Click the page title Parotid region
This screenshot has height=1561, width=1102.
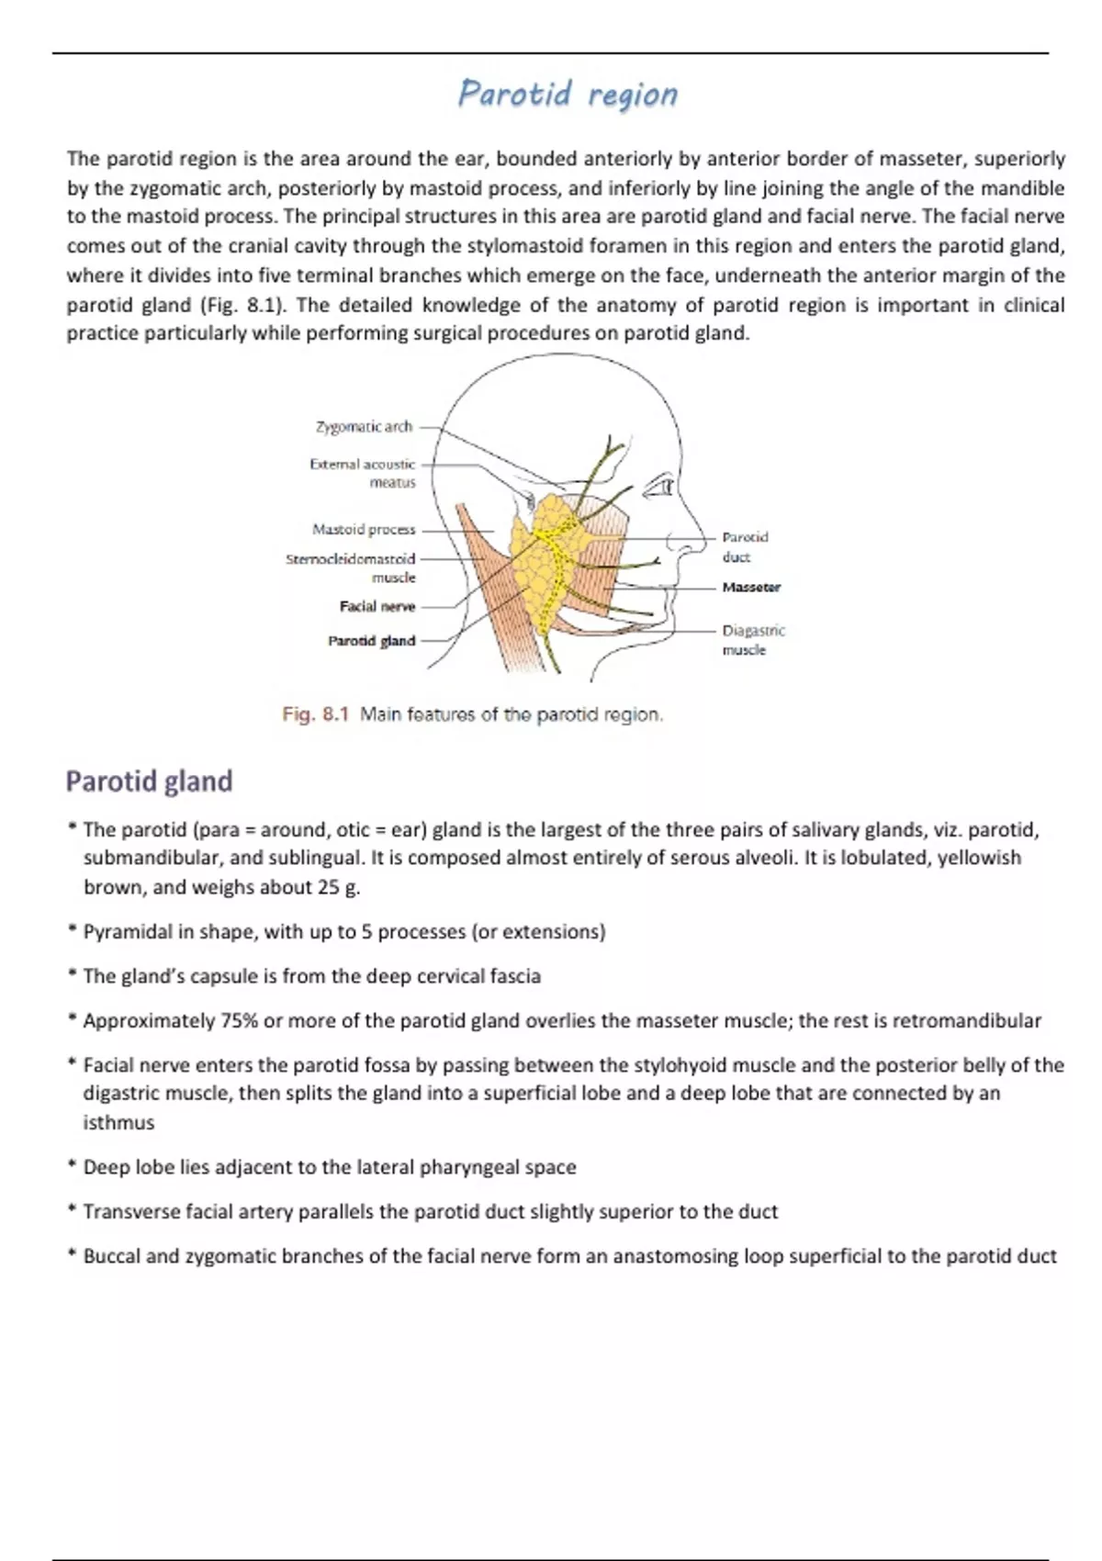tap(568, 94)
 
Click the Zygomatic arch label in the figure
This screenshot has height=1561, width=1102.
tap(364, 427)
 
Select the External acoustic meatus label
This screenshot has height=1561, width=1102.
tap(363, 473)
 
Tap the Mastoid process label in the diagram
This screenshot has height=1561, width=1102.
tap(364, 530)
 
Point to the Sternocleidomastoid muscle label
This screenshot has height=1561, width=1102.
tap(351, 567)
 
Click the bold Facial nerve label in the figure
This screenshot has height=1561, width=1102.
tap(377, 607)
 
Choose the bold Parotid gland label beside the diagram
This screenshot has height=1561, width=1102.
tap(372, 641)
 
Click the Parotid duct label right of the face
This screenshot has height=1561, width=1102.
tap(744, 547)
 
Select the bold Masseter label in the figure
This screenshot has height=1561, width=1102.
tap(751, 588)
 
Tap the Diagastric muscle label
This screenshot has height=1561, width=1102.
tap(753, 640)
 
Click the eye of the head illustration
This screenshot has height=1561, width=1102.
tap(659, 487)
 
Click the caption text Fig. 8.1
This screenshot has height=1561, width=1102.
tap(316, 714)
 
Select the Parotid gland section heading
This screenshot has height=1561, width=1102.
tap(149, 781)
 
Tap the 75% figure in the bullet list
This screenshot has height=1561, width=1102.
tap(239, 1021)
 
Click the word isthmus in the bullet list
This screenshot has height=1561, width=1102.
tap(118, 1123)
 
